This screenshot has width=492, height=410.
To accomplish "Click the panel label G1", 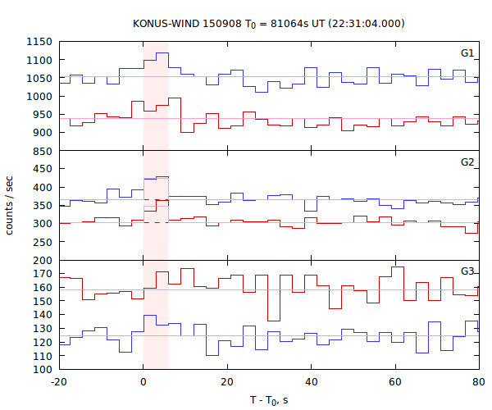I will (x=467, y=53).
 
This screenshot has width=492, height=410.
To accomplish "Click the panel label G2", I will (x=467, y=162).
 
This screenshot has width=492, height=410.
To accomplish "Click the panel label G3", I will (x=467, y=271).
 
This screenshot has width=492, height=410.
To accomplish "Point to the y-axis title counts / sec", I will (x=10, y=205).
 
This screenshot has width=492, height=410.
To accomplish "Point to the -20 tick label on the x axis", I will (x=58, y=382).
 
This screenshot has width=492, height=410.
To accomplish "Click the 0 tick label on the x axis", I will (x=143, y=382).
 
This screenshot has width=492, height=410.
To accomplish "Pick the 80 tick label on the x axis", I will (x=478, y=382).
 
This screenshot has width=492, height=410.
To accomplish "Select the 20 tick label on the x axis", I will (x=227, y=382).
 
